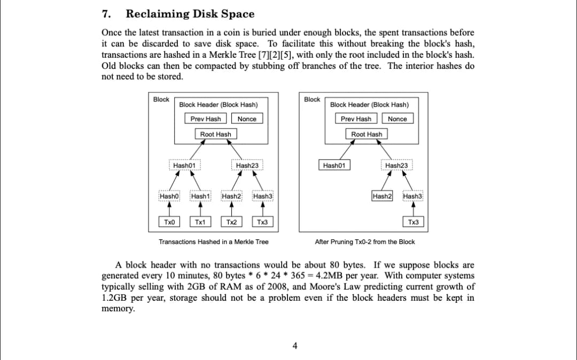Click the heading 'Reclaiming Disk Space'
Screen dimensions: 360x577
pos(190,14)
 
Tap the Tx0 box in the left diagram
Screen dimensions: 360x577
pos(169,222)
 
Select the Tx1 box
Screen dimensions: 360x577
pos(200,222)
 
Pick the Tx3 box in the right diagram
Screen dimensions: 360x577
pos(413,222)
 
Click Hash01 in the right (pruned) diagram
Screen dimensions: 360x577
pos(334,166)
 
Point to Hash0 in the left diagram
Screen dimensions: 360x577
pos(169,197)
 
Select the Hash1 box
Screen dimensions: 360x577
pos(200,197)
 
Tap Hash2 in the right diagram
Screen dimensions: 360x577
pos(382,197)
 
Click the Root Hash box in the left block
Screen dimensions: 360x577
pos(216,134)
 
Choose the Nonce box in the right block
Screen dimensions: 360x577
pos(397,119)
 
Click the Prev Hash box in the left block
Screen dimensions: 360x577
pos(206,119)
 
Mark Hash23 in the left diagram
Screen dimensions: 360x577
pos(247,166)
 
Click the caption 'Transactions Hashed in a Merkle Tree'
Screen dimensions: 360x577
pos(214,242)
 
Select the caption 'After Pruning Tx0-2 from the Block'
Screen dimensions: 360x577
pos(365,242)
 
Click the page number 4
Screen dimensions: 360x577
pos(294,346)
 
